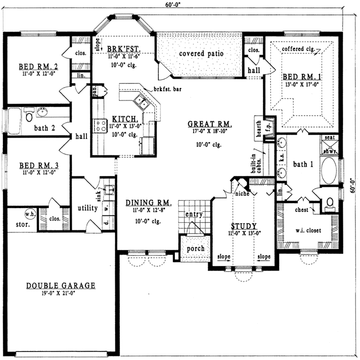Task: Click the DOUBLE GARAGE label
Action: pyautogui.click(x=61, y=286)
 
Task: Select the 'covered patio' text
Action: pyautogui.click(x=201, y=54)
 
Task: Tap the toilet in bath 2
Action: pyautogui.click(x=29, y=116)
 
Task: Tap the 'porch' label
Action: pyautogui.click(x=195, y=248)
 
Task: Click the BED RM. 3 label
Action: pyautogui.click(x=37, y=166)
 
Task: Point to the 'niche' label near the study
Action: pyautogui.click(x=242, y=194)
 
